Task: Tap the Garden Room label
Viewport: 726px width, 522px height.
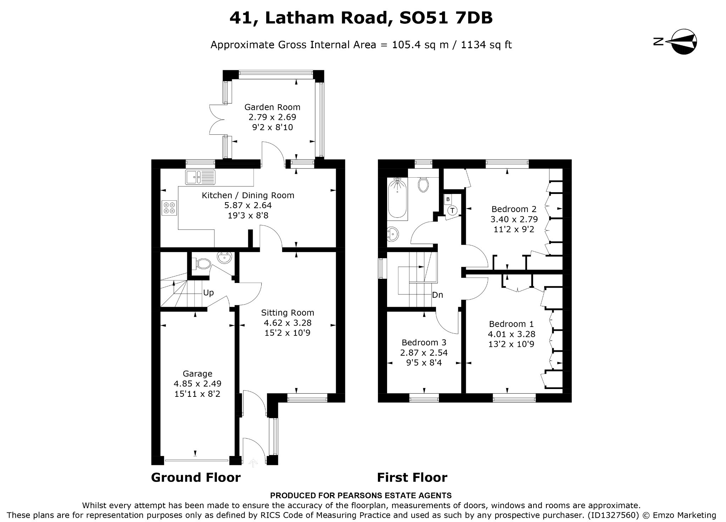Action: pos(272,107)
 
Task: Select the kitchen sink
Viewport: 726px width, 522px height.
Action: pos(200,177)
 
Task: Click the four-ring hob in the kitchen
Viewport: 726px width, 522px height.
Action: pos(169,208)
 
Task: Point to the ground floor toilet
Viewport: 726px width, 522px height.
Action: pos(202,263)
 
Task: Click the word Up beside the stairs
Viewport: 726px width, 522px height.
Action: pos(208,293)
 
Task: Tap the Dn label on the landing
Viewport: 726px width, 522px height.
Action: pos(437,295)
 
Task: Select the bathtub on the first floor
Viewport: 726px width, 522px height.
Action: pos(398,199)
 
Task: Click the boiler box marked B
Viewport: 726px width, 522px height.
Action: pos(448,199)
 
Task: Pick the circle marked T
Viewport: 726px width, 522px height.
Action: pos(452,211)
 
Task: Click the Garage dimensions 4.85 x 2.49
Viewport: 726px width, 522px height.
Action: pos(197,384)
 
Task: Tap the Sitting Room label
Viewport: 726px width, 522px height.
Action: pos(287,313)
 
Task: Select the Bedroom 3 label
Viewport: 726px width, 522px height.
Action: pos(424,343)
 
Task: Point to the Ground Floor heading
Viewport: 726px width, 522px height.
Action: pos(196,478)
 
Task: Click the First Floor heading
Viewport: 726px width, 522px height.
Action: pos(412,478)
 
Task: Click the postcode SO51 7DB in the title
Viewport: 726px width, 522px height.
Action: pos(446,18)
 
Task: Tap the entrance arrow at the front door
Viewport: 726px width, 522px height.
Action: pos(253,463)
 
